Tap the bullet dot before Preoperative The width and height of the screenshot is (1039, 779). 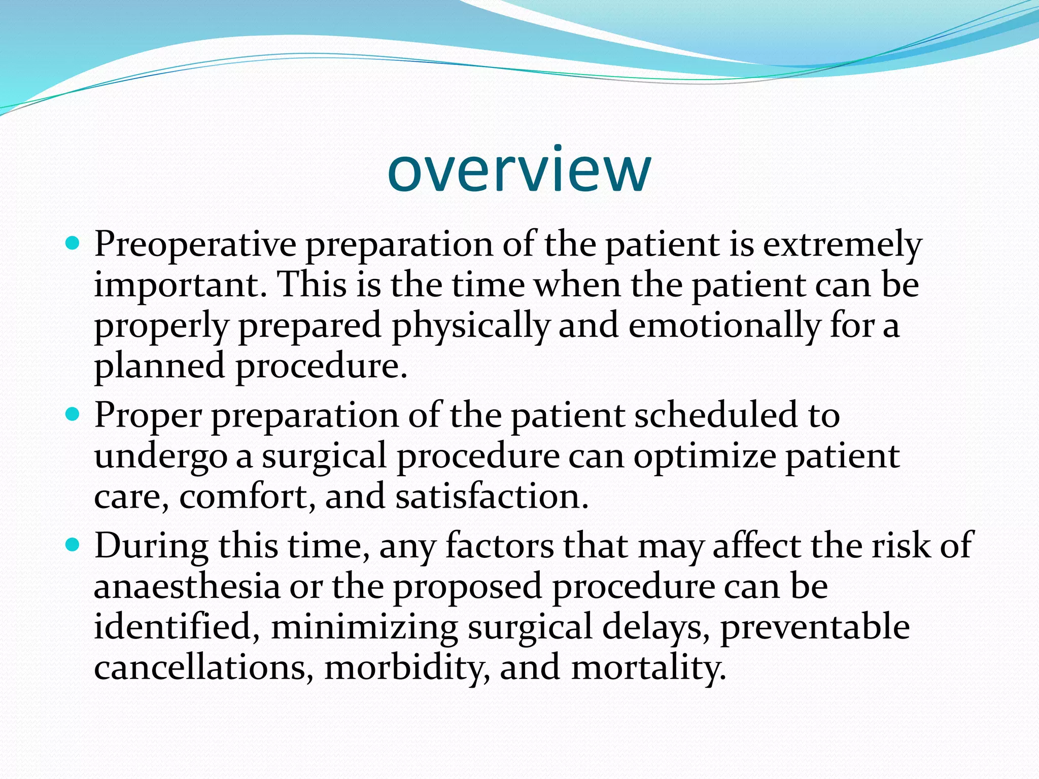74,244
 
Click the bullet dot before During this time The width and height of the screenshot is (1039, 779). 74,546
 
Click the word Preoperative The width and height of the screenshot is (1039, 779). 195,244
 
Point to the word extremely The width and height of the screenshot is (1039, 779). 842,244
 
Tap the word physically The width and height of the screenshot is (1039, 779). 471,326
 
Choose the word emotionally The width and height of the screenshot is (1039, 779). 724,326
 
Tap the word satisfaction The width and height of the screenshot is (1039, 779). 491,496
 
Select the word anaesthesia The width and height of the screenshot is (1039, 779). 187,587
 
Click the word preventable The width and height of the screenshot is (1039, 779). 815,627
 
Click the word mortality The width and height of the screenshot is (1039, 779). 648,667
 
